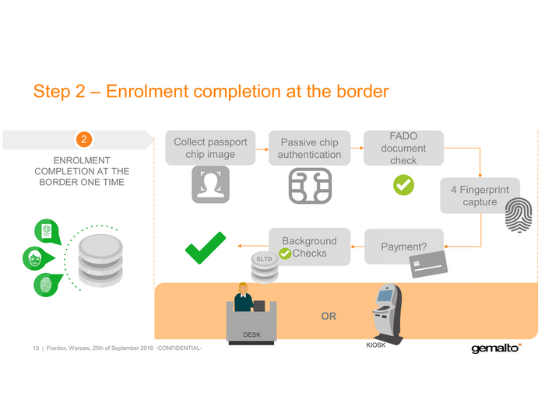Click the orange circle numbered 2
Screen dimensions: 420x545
86,140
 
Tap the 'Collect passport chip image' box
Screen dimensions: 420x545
210,148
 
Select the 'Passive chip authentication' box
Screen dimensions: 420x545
310,148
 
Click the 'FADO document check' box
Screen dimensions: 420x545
403,148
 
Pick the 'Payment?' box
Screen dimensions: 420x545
403,247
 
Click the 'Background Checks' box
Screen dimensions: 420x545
308,247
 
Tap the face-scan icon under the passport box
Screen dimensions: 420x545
210,186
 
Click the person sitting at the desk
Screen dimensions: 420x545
243,299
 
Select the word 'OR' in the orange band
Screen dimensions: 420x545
329,317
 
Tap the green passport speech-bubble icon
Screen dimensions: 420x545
46,230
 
